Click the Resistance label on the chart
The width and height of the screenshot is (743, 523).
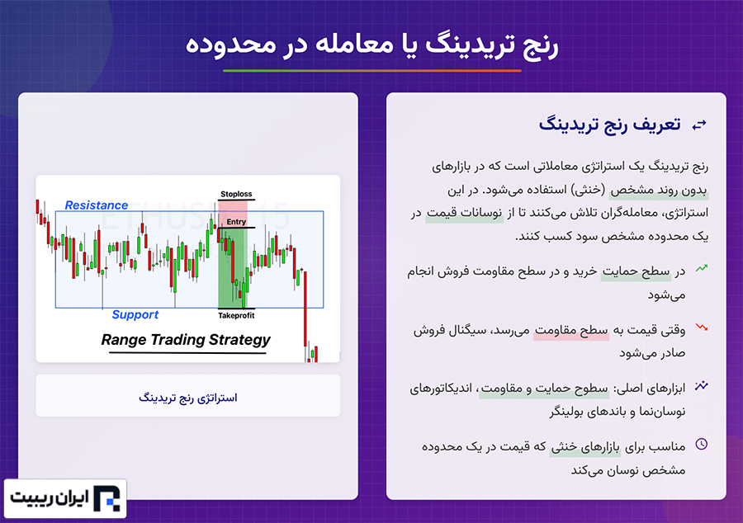tap(97, 205)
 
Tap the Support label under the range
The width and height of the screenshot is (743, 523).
tap(135, 315)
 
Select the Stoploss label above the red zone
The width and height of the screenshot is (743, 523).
tap(236, 194)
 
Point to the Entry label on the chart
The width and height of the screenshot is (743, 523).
tap(236, 222)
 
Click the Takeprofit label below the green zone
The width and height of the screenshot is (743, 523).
tap(236, 316)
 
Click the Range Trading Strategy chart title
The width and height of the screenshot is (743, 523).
tap(186, 340)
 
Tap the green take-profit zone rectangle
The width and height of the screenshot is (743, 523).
tap(233, 268)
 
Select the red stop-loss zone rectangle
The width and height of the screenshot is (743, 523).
tap(233, 214)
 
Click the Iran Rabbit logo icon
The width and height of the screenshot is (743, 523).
tap(107, 498)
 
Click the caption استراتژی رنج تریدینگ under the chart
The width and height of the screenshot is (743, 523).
tap(188, 398)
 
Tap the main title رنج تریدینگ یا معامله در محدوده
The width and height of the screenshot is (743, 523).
tap(372, 45)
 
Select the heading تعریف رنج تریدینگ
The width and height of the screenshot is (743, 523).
tap(609, 125)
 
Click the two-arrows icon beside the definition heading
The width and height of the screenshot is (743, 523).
tap(699, 125)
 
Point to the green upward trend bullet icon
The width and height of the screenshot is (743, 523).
tap(701, 268)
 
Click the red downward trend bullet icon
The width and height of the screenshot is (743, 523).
tap(701, 327)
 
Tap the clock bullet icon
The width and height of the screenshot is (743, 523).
tap(701, 444)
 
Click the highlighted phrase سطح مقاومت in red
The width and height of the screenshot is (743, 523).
tap(571, 330)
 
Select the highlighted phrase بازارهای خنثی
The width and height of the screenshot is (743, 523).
tap(585, 447)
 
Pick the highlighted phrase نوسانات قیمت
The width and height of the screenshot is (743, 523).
tap(464, 214)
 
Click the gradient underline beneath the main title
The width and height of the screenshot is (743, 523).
tap(372, 70)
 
